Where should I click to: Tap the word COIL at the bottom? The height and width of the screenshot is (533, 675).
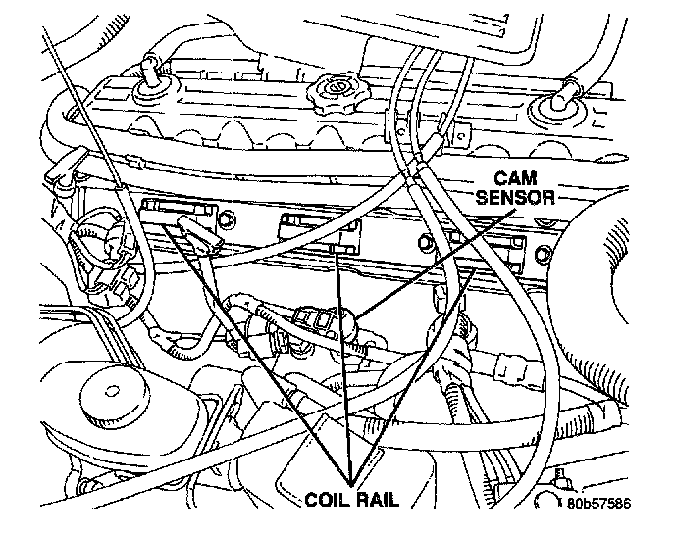click(323, 497)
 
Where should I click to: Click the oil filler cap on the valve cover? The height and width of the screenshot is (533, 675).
click(331, 95)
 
